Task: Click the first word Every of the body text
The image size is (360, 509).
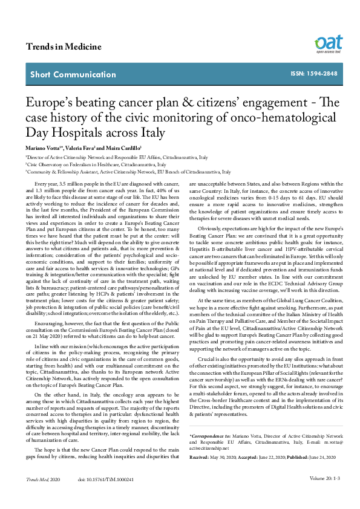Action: coord(43,183)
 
